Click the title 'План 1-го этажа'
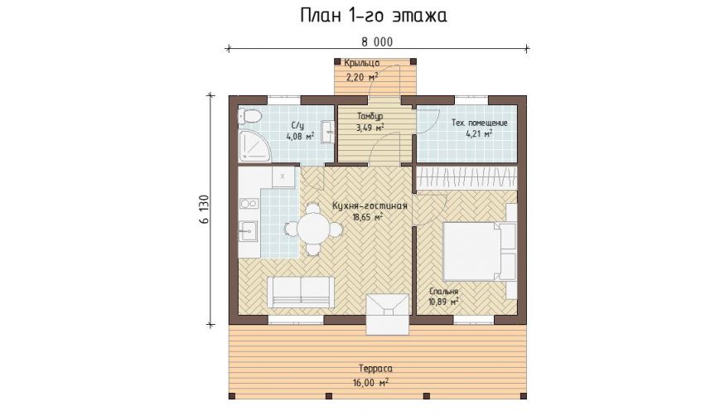(x=374, y=16)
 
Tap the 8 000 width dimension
(x=377, y=42)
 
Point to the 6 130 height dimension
(x=205, y=210)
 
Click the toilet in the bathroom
(x=249, y=115)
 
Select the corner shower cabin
(x=254, y=145)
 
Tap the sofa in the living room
(x=301, y=293)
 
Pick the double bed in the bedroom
(x=479, y=251)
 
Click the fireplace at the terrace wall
(x=388, y=314)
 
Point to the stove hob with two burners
(x=249, y=203)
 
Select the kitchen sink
(x=248, y=230)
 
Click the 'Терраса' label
(x=375, y=369)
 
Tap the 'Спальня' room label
(x=443, y=291)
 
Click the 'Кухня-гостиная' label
(x=370, y=206)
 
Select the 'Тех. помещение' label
(x=480, y=123)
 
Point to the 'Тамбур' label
(x=370, y=116)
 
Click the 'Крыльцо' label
(x=362, y=63)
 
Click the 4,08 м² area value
(x=300, y=136)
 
